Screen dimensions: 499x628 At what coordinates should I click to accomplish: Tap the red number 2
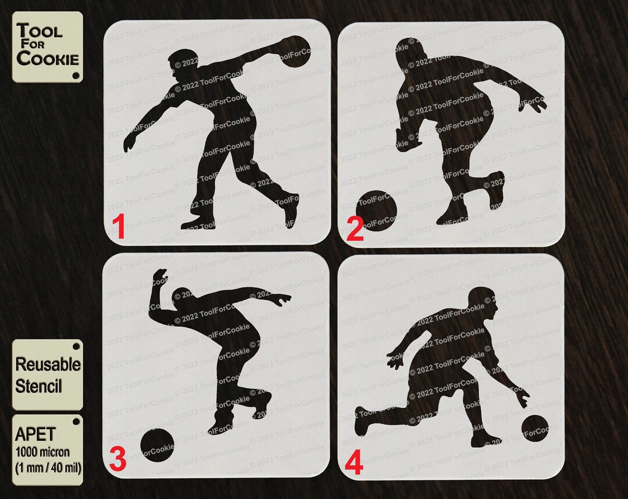click(355, 229)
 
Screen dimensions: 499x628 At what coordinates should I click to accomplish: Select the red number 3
click(117, 460)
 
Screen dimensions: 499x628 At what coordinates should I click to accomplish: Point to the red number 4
click(354, 464)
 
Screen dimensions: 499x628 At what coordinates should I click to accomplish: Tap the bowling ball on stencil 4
click(535, 427)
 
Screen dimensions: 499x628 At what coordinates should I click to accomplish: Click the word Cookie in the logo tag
click(48, 58)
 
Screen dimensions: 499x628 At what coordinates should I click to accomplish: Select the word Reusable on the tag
click(48, 365)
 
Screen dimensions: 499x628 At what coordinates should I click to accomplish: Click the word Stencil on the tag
click(38, 386)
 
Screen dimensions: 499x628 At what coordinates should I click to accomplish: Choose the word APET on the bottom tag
click(36, 434)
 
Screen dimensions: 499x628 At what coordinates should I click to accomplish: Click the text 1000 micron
click(42, 451)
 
